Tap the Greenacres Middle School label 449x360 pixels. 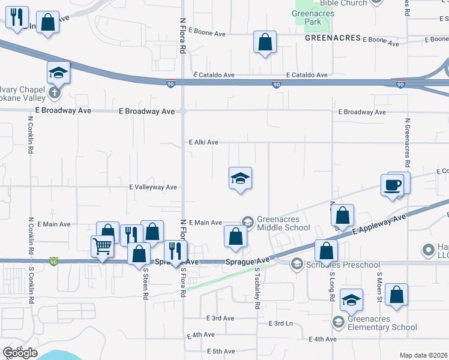283,223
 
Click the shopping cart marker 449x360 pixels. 102,245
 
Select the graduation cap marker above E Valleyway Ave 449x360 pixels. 240,178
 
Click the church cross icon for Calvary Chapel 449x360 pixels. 55,92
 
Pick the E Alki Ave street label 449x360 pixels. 203,142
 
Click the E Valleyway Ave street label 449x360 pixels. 153,187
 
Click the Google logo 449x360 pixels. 20,353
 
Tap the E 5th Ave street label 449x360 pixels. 220,351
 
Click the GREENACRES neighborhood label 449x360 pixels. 332,38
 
